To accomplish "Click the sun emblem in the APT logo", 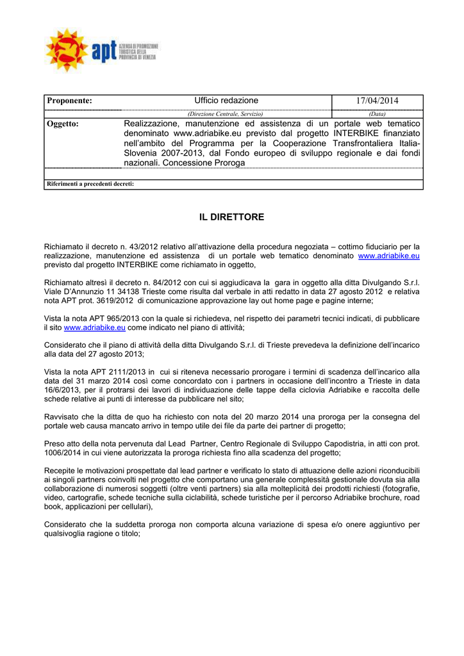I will [67, 49].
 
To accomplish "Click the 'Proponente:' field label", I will [69, 101].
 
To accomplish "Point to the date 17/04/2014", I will [377, 101].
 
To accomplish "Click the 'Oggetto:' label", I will [63, 124].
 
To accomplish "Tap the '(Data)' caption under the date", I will [377, 113].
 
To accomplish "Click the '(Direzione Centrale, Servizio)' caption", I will [225, 113].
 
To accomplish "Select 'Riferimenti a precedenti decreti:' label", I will [90, 184].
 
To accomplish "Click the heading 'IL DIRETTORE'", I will [231, 218].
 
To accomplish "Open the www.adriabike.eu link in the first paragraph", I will [388, 256].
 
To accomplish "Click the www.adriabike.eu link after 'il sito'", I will [94, 327].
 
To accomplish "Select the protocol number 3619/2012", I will [113, 300].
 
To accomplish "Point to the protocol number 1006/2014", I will [62, 452].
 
